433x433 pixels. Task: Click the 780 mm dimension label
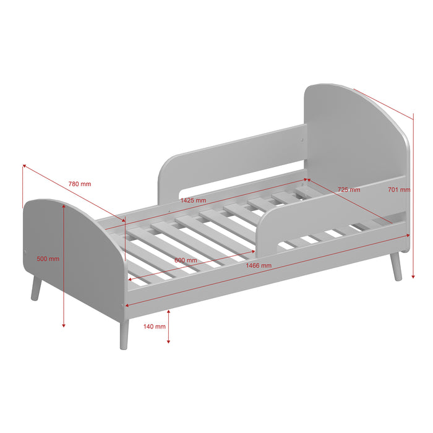[79, 184]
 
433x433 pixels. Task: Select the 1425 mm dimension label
[192, 200]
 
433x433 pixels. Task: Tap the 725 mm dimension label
[348, 189]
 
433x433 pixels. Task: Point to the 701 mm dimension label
[399, 190]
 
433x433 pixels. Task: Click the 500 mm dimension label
[48, 259]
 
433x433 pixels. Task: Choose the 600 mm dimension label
[185, 260]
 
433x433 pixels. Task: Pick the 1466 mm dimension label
[259, 265]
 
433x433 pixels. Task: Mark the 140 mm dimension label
[154, 326]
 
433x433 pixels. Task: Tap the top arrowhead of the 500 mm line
[64, 206]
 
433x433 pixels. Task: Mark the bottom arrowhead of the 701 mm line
[413, 277]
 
